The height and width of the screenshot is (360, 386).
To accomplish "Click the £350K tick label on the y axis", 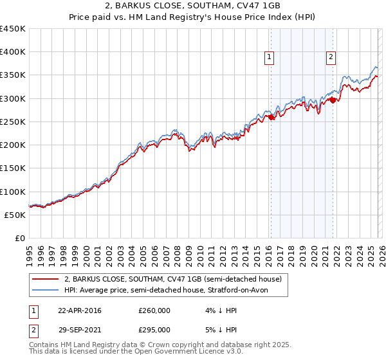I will coord(13,75).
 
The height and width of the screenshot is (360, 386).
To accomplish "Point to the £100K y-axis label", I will coord(13,192).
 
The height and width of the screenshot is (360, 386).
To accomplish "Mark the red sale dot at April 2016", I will coord(271,117).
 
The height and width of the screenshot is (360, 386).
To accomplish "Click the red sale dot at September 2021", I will coord(333,100).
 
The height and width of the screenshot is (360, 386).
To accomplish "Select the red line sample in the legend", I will coord(45,280).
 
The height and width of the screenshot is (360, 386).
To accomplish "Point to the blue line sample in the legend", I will coord(45,291).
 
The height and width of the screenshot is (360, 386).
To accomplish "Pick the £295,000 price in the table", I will coord(154,329).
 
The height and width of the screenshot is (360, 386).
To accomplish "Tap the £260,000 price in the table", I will coord(154,310).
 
